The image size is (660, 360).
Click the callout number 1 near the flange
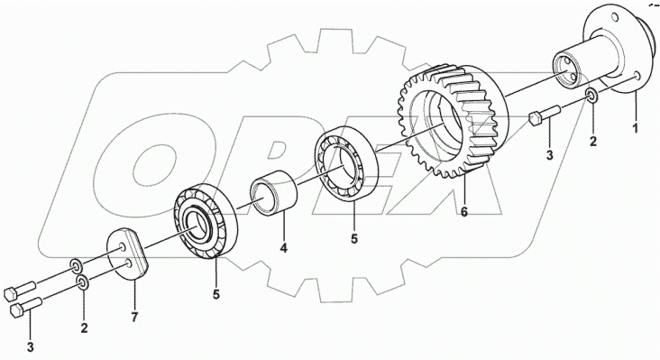click(636, 126)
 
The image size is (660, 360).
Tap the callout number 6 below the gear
click(463, 212)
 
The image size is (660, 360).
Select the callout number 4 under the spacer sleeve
click(284, 248)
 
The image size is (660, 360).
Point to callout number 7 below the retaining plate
click(134, 317)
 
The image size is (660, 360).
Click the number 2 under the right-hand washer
click(593, 141)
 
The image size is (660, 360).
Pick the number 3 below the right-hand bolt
click(549, 155)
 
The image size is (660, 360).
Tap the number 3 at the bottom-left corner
click(30, 347)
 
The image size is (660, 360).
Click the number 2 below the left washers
click(84, 328)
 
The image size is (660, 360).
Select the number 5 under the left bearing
click(215, 294)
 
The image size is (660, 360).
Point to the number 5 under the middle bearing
click(354, 238)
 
